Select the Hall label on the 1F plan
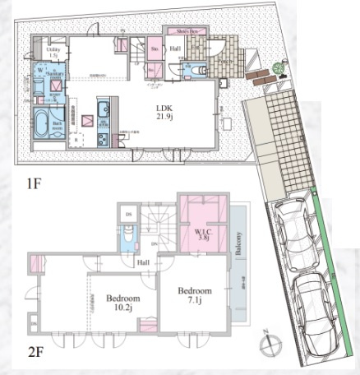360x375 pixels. pyautogui.click(x=176, y=49)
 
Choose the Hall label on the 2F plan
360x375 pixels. pyautogui.click(x=142, y=262)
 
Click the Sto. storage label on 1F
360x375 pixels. pyautogui.click(x=155, y=49)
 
